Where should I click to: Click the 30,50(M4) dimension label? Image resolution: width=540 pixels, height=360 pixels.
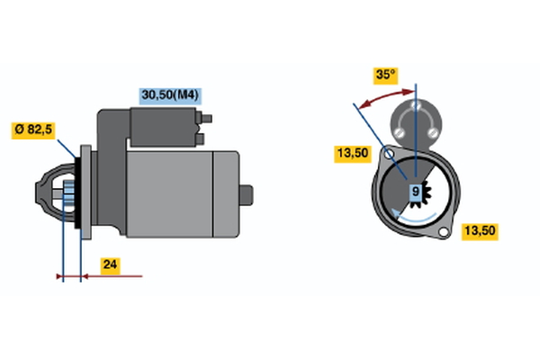[x=170, y=95]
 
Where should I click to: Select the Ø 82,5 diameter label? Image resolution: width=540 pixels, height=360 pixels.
[x=33, y=130]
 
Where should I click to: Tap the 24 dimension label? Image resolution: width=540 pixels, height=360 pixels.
[x=110, y=265]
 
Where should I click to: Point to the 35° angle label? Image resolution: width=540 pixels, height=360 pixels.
[x=386, y=75]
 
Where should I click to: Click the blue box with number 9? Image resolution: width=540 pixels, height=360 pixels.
[x=416, y=191]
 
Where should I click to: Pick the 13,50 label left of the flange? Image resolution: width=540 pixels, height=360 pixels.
[x=353, y=153]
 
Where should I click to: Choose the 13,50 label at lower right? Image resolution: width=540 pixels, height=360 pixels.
[x=480, y=230]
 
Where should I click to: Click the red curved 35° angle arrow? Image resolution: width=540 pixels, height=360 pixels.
[x=386, y=96]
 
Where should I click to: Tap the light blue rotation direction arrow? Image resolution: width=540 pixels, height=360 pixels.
[x=413, y=217]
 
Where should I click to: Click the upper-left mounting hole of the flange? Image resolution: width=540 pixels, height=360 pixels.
[x=389, y=154]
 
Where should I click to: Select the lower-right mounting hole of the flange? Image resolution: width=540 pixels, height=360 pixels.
[x=443, y=232]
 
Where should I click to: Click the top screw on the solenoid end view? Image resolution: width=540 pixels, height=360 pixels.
[x=416, y=105]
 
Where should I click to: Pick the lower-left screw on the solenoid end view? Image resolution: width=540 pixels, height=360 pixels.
[x=399, y=132]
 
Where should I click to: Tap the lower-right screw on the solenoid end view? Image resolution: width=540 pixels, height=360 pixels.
[x=433, y=132]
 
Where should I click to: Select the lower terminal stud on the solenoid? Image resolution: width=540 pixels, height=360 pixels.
[x=200, y=139]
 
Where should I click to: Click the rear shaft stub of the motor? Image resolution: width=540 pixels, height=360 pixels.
[x=247, y=195]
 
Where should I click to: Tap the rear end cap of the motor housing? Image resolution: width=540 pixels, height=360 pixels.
[x=226, y=194]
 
